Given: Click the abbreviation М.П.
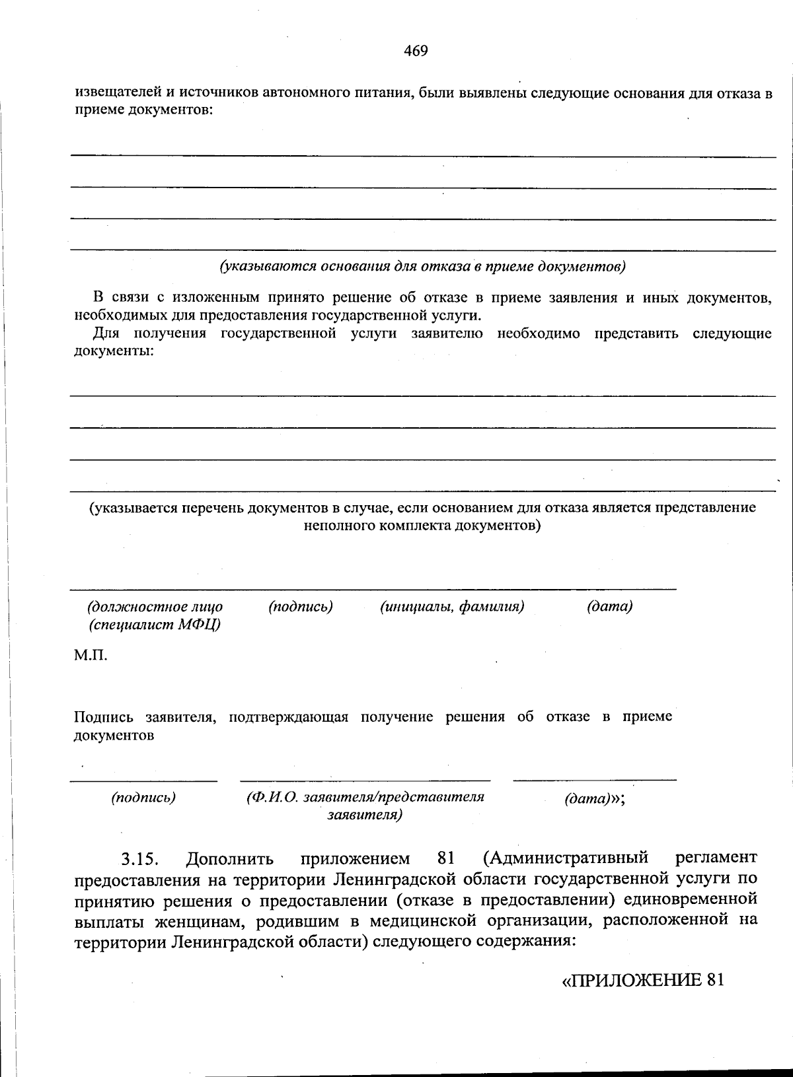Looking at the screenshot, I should point(90,655).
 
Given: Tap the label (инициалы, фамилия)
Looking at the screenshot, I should point(452,606).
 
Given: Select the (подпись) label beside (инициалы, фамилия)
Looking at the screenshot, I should point(300,606).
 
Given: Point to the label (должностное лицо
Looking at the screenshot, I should point(155,606).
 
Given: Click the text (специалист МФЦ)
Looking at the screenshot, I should point(155,625).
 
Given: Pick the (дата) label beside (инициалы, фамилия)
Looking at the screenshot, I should point(609,606).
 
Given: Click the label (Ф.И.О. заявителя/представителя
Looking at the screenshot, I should point(365,797).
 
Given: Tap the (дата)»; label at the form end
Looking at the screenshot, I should point(595,798).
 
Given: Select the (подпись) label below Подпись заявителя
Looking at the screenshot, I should point(143,797).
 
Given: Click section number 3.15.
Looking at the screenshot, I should point(141,860).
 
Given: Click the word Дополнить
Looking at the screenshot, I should point(229,859).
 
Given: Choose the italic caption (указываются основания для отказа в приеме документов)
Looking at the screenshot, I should point(423,267).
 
